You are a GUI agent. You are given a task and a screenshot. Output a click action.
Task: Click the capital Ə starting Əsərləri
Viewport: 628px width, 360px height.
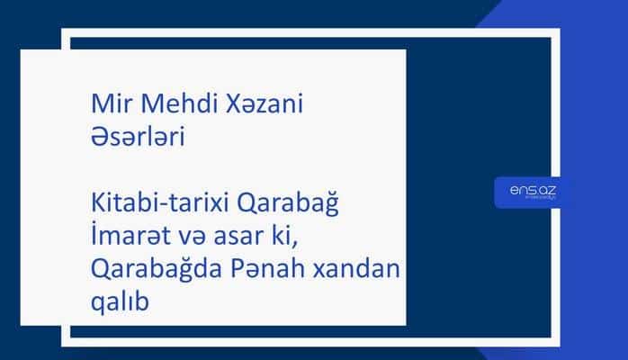(100, 138)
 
